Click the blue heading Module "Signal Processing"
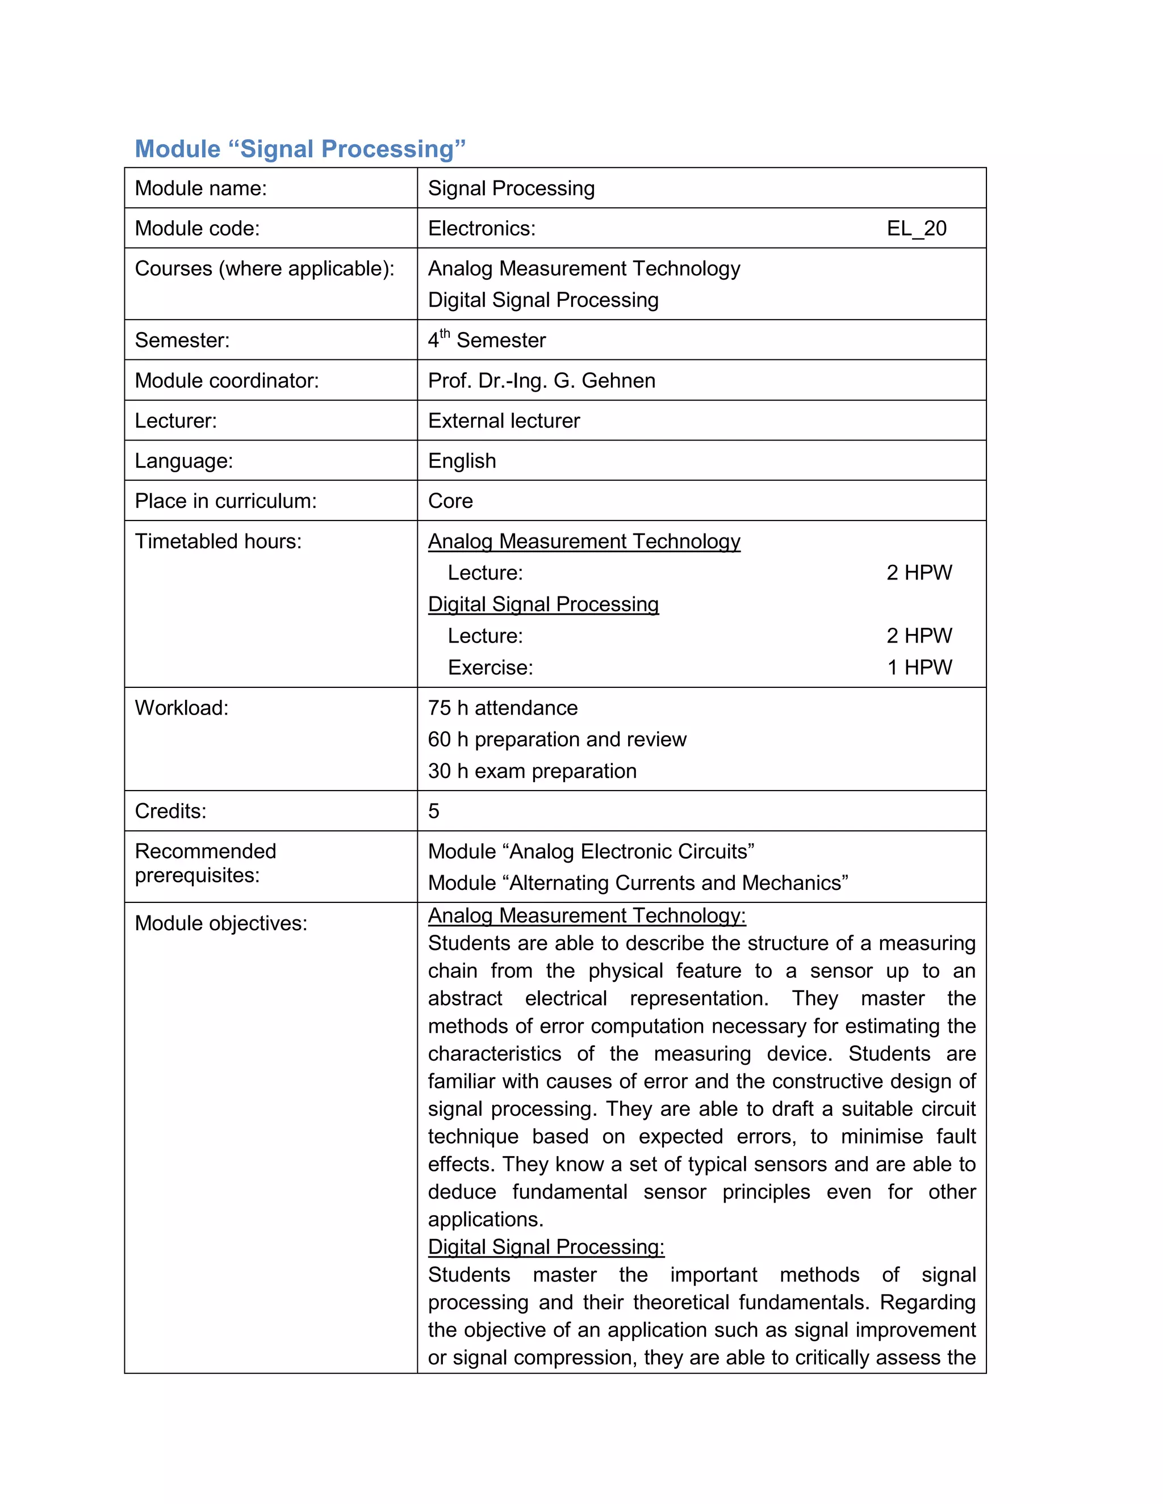tap(300, 149)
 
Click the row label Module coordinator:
tap(227, 381)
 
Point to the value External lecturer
tap(504, 421)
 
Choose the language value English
tap(462, 461)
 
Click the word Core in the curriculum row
tap(450, 501)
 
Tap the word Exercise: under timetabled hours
tap(490, 667)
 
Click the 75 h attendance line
tap(502, 708)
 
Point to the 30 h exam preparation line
tap(532, 771)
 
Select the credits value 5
tap(433, 811)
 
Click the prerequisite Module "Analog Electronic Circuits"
tap(591, 852)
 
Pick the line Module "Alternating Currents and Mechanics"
tap(637, 884)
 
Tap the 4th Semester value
tap(487, 340)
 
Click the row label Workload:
tap(181, 708)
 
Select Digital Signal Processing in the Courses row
tap(543, 300)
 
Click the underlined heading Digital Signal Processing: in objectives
tap(546, 1247)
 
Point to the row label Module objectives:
tap(220, 923)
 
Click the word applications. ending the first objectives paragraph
tap(485, 1220)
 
